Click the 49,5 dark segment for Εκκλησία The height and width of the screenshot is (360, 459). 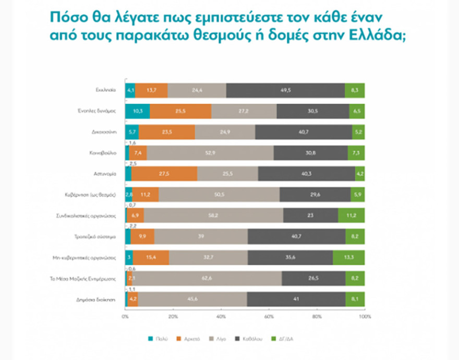coord(286,90)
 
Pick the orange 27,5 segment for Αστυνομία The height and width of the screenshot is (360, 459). coord(164,173)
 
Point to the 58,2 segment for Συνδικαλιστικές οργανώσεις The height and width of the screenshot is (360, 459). coord(213,215)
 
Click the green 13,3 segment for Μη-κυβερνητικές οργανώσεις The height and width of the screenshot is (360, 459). coord(349,257)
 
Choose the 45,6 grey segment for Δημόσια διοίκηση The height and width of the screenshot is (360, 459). coord(192,299)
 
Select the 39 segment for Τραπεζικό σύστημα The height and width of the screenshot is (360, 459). coord(201,236)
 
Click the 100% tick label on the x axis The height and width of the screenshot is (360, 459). coord(365,316)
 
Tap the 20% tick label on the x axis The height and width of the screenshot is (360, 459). coord(173,316)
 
